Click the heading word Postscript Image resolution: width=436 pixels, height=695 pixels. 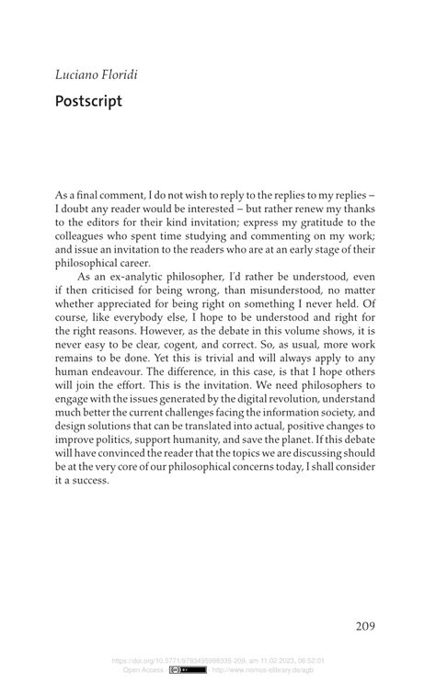pos(88,100)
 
